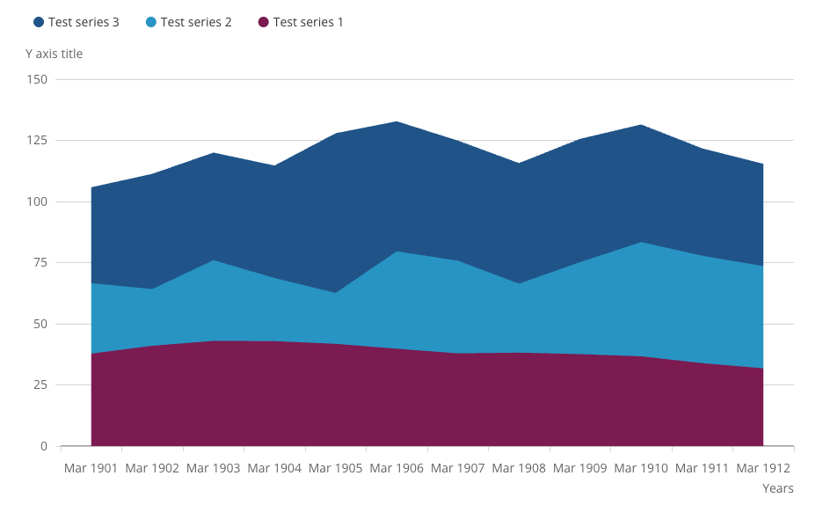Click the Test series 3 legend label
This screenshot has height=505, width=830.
tap(84, 22)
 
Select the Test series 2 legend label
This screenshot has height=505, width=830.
tap(196, 22)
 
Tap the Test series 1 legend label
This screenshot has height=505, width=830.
tap(308, 22)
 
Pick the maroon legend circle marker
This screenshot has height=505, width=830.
tap(263, 22)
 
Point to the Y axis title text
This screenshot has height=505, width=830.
tap(54, 54)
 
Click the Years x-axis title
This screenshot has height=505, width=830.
tap(777, 488)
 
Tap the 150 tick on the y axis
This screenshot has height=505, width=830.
tap(37, 79)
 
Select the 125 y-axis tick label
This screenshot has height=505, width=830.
tap(37, 141)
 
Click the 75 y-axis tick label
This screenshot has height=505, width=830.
tap(40, 263)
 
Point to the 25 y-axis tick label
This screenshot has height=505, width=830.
tap(40, 385)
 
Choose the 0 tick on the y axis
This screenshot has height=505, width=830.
tap(43, 446)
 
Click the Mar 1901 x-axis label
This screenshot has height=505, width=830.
tap(91, 468)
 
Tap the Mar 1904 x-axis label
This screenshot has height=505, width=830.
tap(274, 468)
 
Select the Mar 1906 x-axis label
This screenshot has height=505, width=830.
tap(397, 468)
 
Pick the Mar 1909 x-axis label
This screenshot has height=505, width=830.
tap(580, 468)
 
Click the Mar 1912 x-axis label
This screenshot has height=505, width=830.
tap(763, 468)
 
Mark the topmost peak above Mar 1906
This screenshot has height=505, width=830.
tap(397, 121)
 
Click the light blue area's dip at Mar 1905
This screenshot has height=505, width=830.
tap(336, 293)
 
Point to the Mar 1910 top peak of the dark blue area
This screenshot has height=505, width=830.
tap(641, 125)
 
